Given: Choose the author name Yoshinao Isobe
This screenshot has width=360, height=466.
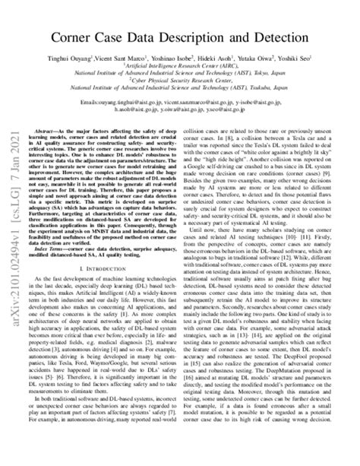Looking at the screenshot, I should coord(187,56).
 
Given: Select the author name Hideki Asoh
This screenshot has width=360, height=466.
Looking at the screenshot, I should coord(231,56).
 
